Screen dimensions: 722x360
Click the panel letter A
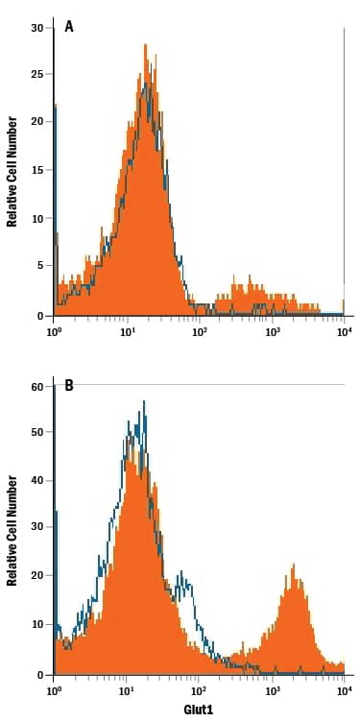click(x=69, y=27)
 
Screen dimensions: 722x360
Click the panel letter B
click(x=69, y=386)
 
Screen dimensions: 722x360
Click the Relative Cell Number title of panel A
click(x=12, y=171)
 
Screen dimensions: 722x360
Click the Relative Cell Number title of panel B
click(x=12, y=530)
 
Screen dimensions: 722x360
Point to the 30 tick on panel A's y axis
click(x=36, y=27)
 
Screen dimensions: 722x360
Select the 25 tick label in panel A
click(x=36, y=74)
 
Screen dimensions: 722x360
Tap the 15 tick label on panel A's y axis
click(x=36, y=171)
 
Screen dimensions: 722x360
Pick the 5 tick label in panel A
click(x=39, y=267)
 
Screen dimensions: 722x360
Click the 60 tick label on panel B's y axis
click(x=36, y=386)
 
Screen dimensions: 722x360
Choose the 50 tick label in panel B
click(x=36, y=433)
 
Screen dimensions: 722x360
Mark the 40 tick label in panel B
click(x=36, y=481)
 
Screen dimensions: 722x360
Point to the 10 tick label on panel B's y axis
click(x=36, y=626)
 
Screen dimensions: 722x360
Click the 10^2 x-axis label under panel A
click(x=200, y=331)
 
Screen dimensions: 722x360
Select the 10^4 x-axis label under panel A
click(x=344, y=331)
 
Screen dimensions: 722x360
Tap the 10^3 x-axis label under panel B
click(x=272, y=690)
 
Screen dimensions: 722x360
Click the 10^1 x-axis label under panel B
click(x=127, y=690)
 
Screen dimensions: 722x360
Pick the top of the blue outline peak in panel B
click(x=144, y=401)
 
